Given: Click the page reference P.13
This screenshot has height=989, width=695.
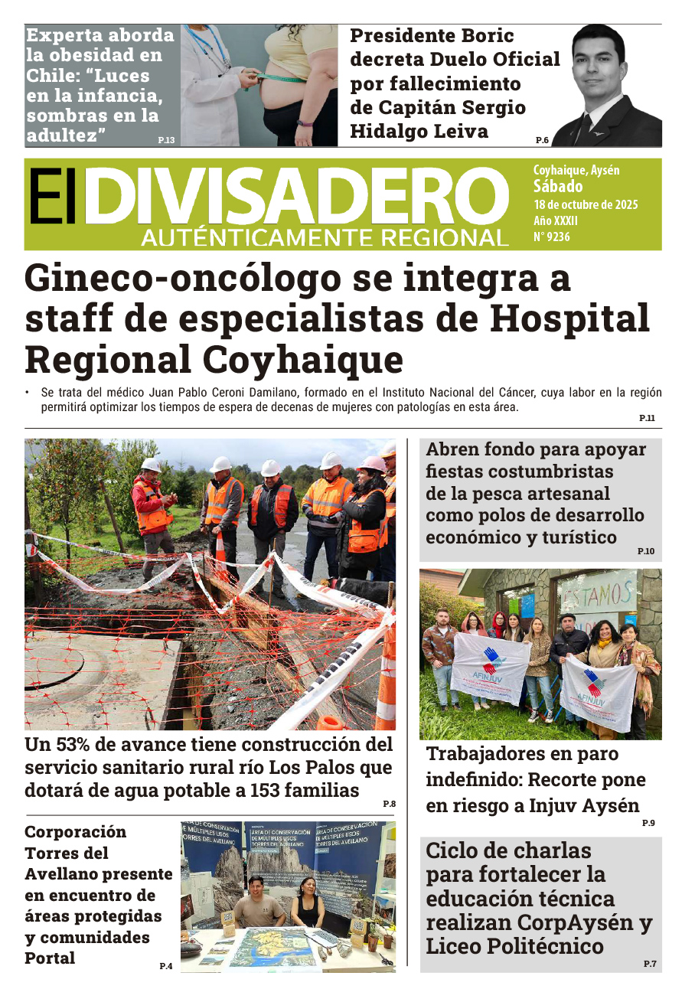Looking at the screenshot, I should pos(166,140).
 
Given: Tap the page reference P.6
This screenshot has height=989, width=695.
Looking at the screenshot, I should pos(542,140).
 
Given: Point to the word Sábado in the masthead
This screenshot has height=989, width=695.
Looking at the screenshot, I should pos(558,187).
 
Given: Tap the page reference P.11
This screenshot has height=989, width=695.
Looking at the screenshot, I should pos(647,418).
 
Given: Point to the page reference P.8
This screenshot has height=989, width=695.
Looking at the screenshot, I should pos(389,803).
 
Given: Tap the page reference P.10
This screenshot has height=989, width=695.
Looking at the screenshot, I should pos(646,551).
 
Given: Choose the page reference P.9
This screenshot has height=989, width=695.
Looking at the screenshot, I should pos(648,823).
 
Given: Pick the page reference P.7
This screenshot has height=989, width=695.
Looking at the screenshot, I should pos(649,964).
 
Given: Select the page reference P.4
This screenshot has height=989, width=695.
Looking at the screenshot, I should pos(166,966).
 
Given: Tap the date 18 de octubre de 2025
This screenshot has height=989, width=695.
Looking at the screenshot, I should pos(586,205).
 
